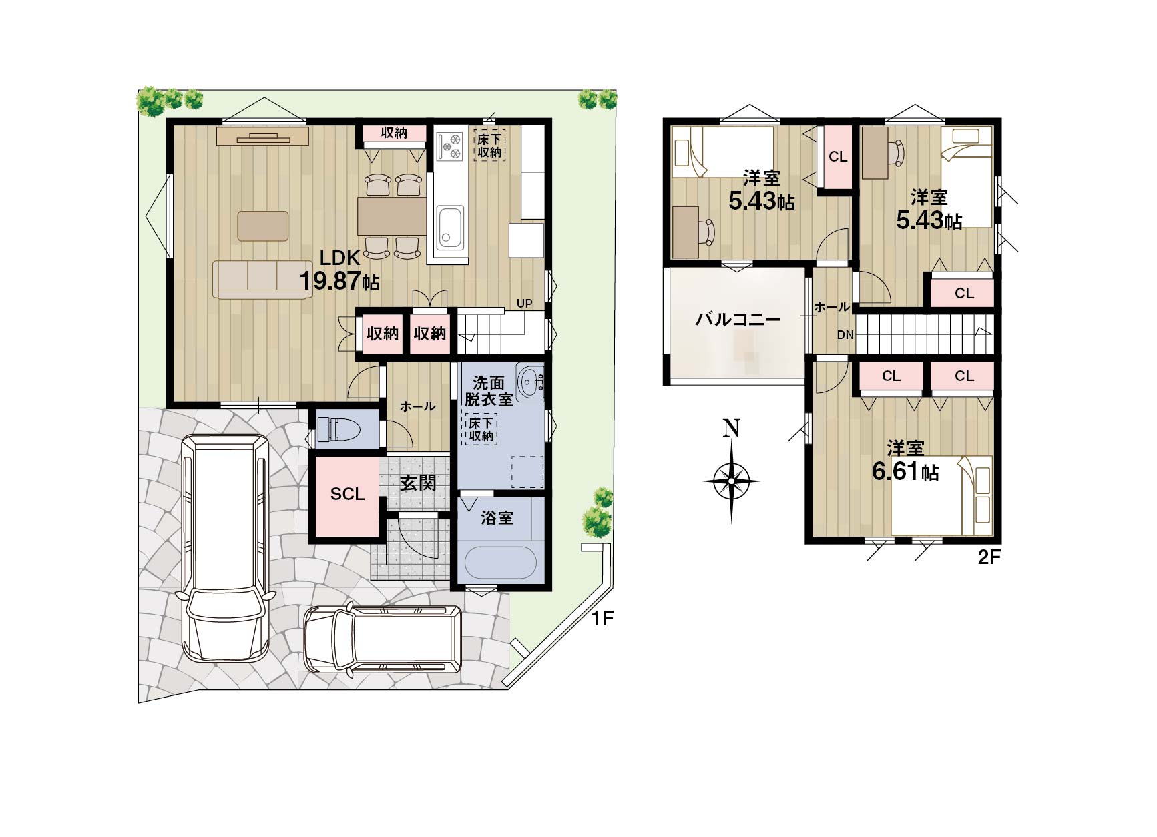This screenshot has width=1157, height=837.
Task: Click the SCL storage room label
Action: pos(347,494)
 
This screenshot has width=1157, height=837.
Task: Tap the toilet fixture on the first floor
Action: pos(337,429)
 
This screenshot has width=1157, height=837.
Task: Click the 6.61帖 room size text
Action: pos(905,471)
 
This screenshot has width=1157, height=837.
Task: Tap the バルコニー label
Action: pos(738,319)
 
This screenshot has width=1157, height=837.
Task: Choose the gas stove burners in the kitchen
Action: pos(449,146)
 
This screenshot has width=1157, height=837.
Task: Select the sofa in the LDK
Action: pos(262,280)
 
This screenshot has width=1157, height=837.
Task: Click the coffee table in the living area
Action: pos(263,226)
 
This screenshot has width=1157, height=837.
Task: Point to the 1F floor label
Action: pos(602,619)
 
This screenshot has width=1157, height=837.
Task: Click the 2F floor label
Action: pos(989,557)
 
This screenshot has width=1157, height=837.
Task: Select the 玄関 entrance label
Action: pos(418,483)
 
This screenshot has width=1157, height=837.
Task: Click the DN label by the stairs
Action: pos(845,335)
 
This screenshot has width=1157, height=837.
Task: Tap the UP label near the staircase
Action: pos(524,304)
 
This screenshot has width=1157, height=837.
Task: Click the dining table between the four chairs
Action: pos(392,216)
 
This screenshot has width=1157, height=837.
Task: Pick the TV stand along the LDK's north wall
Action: pos(262,136)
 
